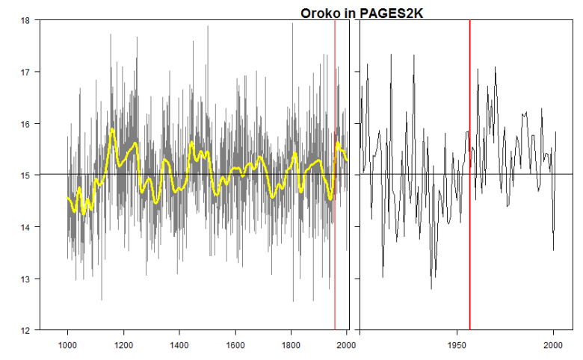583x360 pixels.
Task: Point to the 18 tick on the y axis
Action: pyautogui.click(x=25, y=20)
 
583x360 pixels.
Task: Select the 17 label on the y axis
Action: pyautogui.click(x=25, y=72)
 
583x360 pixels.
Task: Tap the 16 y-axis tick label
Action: pyautogui.click(x=25, y=124)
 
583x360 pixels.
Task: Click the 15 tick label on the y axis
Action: pyautogui.click(x=25, y=176)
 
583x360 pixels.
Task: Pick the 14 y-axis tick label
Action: pyautogui.click(x=25, y=227)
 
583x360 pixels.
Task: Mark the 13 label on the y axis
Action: pyautogui.click(x=25, y=279)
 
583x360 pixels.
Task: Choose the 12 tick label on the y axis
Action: pyautogui.click(x=25, y=330)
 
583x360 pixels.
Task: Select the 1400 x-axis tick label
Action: pyautogui.click(x=179, y=345)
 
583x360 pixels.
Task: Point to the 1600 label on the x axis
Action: pyautogui.click(x=235, y=345)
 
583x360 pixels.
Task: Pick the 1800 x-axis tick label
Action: pyautogui.click(x=291, y=345)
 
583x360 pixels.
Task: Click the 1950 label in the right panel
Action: pyautogui.click(x=457, y=345)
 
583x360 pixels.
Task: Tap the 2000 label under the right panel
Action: pyautogui.click(x=553, y=345)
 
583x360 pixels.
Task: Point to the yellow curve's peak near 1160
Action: pyautogui.click(x=112, y=130)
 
